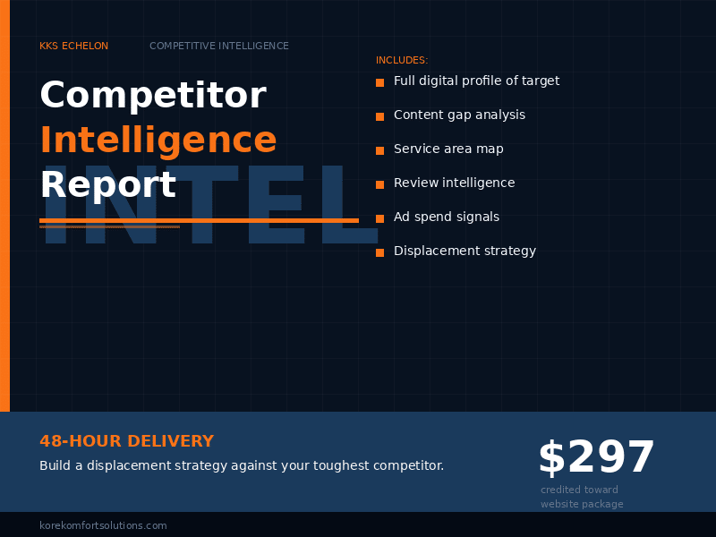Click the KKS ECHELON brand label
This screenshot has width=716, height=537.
73,47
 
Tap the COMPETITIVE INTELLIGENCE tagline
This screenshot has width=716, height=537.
219,47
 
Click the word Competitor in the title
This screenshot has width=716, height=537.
153,96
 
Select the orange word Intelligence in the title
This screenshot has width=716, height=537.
158,141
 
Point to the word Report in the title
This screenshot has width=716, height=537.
107,185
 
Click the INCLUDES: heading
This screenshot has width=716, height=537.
402,61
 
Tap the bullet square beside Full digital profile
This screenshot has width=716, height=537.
379,82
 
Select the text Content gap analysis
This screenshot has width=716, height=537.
459,115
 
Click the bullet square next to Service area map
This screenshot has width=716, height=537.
379,150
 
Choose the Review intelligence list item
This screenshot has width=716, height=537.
454,183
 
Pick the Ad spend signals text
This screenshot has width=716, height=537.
447,217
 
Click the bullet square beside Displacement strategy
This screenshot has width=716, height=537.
379,252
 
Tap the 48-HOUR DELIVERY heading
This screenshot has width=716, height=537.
126,441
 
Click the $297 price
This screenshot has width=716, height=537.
596,458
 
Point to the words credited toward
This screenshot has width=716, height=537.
579,490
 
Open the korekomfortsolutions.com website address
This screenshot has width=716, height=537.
103,526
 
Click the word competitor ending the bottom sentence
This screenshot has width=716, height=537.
410,466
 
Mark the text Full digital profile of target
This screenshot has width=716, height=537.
476,81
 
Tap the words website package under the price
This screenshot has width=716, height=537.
582,505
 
